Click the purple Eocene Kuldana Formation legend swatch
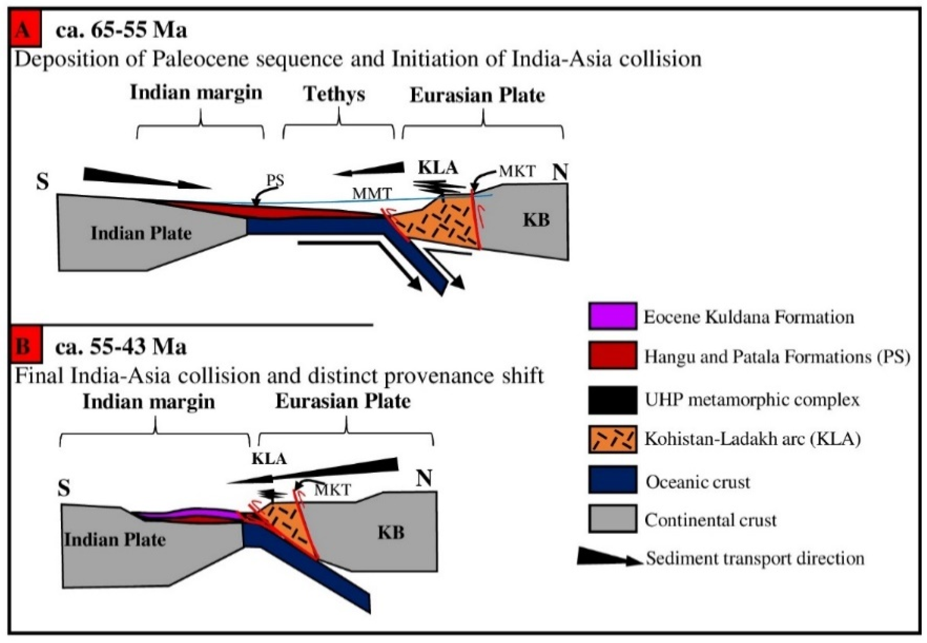tap(612, 316)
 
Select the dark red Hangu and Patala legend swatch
tap(612, 355)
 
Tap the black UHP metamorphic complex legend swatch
tap(612, 400)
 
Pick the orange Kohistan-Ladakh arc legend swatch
tap(612, 439)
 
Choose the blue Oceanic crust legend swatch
tap(612, 479)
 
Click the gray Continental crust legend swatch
tap(612, 519)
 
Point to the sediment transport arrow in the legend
tap(609, 558)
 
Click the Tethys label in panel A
tap(334, 94)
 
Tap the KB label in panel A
tap(536, 220)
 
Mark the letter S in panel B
tap(64, 489)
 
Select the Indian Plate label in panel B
tap(115, 539)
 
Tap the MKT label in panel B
tap(332, 490)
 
